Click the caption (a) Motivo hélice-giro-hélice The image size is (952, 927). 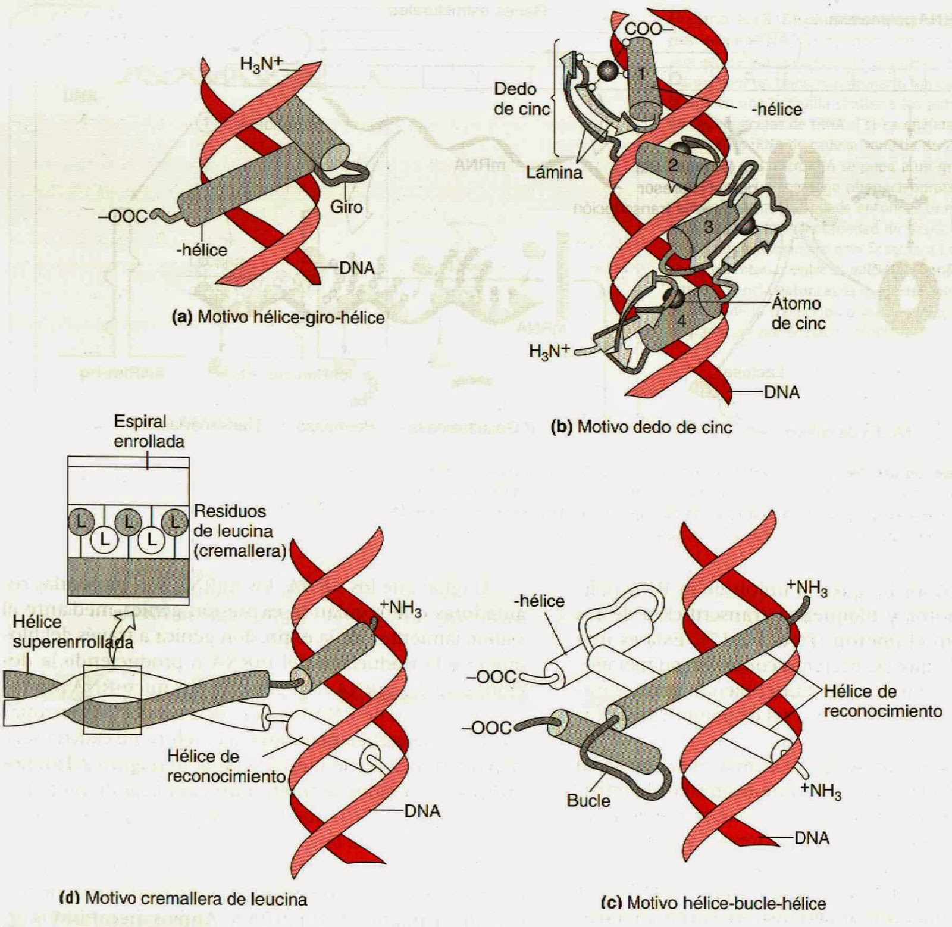coord(278,317)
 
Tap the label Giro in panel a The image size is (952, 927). coord(346,207)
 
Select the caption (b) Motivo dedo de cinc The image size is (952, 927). coord(641,426)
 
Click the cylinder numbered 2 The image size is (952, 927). coord(672,164)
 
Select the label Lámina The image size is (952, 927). coord(554,173)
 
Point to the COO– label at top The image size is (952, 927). coord(648,29)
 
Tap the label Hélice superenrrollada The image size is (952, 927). coord(72,632)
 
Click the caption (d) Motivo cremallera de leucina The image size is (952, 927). coord(184,898)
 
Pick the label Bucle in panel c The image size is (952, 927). coord(588,800)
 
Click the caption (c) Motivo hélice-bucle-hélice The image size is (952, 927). coord(713,903)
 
